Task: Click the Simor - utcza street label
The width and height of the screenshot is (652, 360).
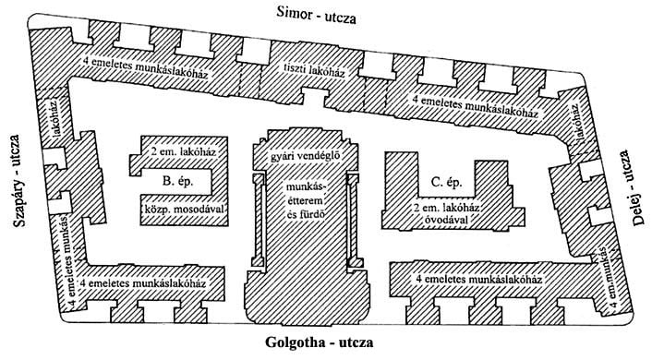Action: [316, 16]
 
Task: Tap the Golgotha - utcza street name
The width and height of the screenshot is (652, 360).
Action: [319, 342]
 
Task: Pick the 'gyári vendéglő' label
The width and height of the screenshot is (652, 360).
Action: [306, 156]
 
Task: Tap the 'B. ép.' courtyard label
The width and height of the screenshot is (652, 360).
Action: [177, 182]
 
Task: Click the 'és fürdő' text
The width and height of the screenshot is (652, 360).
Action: [305, 215]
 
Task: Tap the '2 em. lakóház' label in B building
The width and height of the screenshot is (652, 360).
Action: [183, 151]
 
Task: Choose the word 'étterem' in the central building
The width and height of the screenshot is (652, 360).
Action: [305, 201]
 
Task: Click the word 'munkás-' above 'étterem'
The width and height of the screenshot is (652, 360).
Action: [306, 186]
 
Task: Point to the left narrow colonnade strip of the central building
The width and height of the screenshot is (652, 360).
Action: [259, 221]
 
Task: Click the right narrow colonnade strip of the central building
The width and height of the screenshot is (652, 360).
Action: [353, 221]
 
